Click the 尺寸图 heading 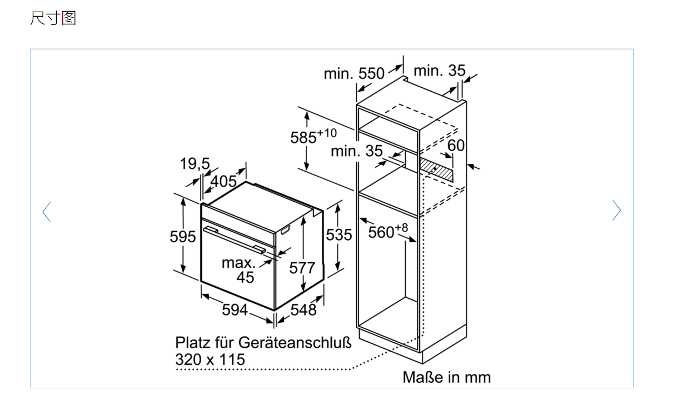point(53,18)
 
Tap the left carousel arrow point(47,211)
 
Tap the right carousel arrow point(616,211)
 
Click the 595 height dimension point(182,237)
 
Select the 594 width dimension point(235,309)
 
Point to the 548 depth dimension point(303,309)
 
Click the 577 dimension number point(302,268)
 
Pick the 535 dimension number point(339,235)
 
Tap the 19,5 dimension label point(195,164)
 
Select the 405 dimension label point(223,181)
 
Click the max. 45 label point(240,269)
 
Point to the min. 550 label point(354,73)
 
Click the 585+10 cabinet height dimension point(313,137)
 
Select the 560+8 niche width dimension point(387,231)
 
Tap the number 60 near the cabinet point(456,146)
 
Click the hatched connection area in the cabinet point(436,167)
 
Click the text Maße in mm point(446,377)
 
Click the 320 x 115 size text point(210,359)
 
